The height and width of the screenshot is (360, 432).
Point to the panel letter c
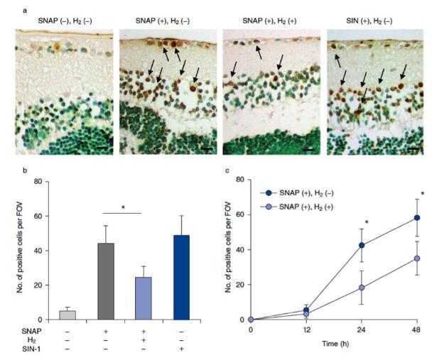pyautogui.click(x=226, y=170)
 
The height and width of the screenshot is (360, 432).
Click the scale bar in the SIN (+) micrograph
pyautogui.click(x=414, y=149)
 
